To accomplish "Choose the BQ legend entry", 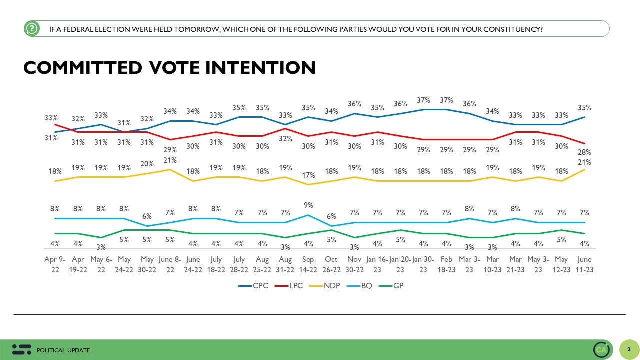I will tap(364, 286).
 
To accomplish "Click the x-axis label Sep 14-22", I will tap(308, 264).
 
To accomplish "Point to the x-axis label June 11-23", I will tap(584, 264).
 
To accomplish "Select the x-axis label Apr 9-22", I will tap(55, 264).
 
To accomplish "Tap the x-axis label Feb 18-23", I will tap(446, 264).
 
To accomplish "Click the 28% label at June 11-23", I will tap(585, 152).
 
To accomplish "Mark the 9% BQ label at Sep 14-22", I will tap(308, 205).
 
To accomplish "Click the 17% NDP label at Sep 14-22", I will tap(308, 175).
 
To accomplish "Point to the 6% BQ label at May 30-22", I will tap(147, 216).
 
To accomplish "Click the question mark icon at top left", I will tap(31, 29).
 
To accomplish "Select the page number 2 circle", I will tap(629, 349).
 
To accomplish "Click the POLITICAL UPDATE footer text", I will tap(64, 350).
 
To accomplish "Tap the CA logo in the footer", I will tap(601, 350).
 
